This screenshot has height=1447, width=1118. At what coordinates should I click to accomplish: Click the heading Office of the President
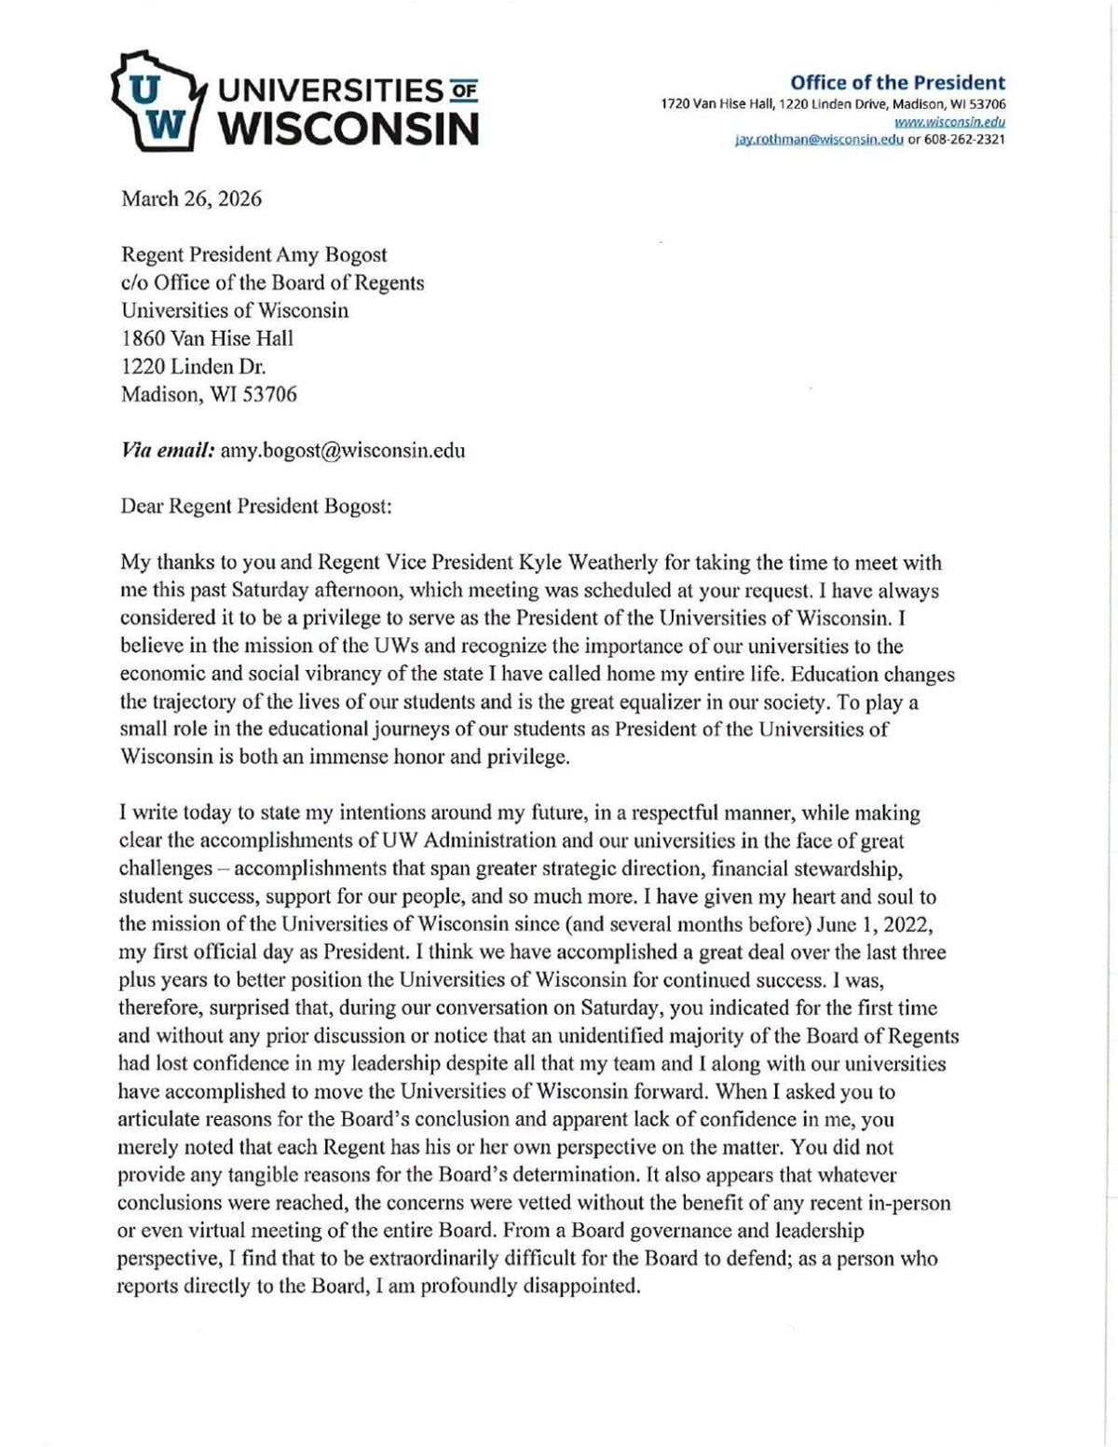(897, 82)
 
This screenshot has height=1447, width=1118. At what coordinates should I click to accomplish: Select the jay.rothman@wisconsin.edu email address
(819, 140)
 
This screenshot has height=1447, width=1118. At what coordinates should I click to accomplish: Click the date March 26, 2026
(191, 198)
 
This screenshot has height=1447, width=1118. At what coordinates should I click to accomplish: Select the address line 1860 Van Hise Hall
(207, 338)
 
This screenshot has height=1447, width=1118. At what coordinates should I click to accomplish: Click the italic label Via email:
(168, 451)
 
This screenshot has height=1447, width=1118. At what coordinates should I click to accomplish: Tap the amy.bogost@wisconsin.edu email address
(343, 451)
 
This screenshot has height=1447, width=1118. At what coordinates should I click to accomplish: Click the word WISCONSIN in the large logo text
(348, 129)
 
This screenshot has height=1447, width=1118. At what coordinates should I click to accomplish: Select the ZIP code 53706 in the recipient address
(269, 394)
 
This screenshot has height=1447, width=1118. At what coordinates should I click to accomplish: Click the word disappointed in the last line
(581, 1287)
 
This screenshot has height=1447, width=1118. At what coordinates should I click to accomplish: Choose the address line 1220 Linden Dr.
(194, 366)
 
